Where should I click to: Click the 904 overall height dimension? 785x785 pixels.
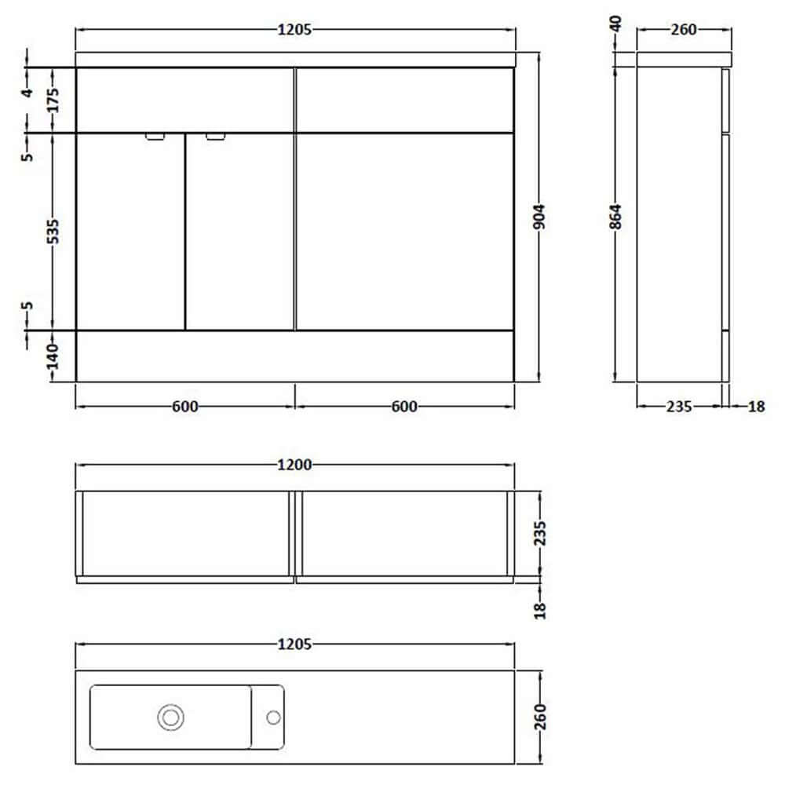point(539,217)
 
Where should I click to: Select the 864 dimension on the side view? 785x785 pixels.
point(615,217)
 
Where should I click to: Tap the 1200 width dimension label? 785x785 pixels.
point(295,465)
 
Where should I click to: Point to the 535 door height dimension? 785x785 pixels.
point(53,232)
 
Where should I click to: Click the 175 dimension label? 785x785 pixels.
point(53,100)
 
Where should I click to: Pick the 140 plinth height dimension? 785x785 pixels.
point(53,356)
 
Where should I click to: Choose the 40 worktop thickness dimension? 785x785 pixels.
point(615,24)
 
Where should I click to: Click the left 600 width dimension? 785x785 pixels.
point(184,407)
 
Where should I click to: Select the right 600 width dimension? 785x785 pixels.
point(404,407)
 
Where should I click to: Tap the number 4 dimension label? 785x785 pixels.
point(27,92)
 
